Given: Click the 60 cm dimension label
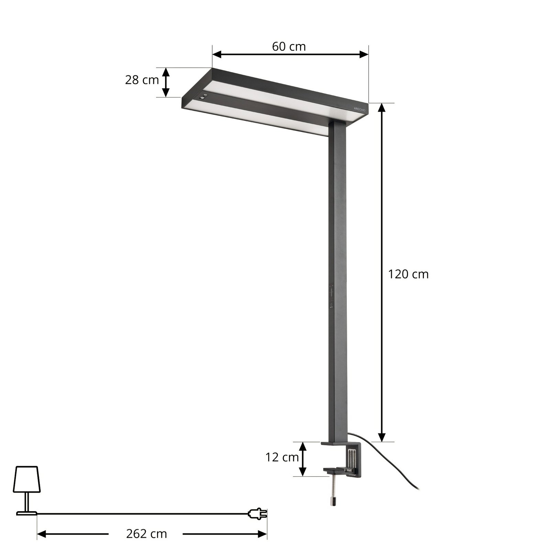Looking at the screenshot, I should pyautogui.click(x=289, y=46).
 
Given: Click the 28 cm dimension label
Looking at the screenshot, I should pyautogui.click(x=142, y=80).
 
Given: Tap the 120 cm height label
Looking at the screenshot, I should pyautogui.click(x=408, y=274).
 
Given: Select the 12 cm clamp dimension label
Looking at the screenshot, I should pyautogui.click(x=282, y=458).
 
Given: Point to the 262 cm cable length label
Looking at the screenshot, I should pyautogui.click(x=146, y=534).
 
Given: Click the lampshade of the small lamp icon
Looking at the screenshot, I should pyautogui.click(x=27, y=480).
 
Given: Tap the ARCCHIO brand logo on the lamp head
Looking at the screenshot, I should pyautogui.click(x=360, y=108).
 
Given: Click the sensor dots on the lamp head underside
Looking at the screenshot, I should pyautogui.click(x=204, y=97).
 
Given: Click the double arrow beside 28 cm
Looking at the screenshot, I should pyautogui.click(x=166, y=82).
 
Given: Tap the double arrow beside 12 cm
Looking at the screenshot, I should pyautogui.click(x=302, y=459).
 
